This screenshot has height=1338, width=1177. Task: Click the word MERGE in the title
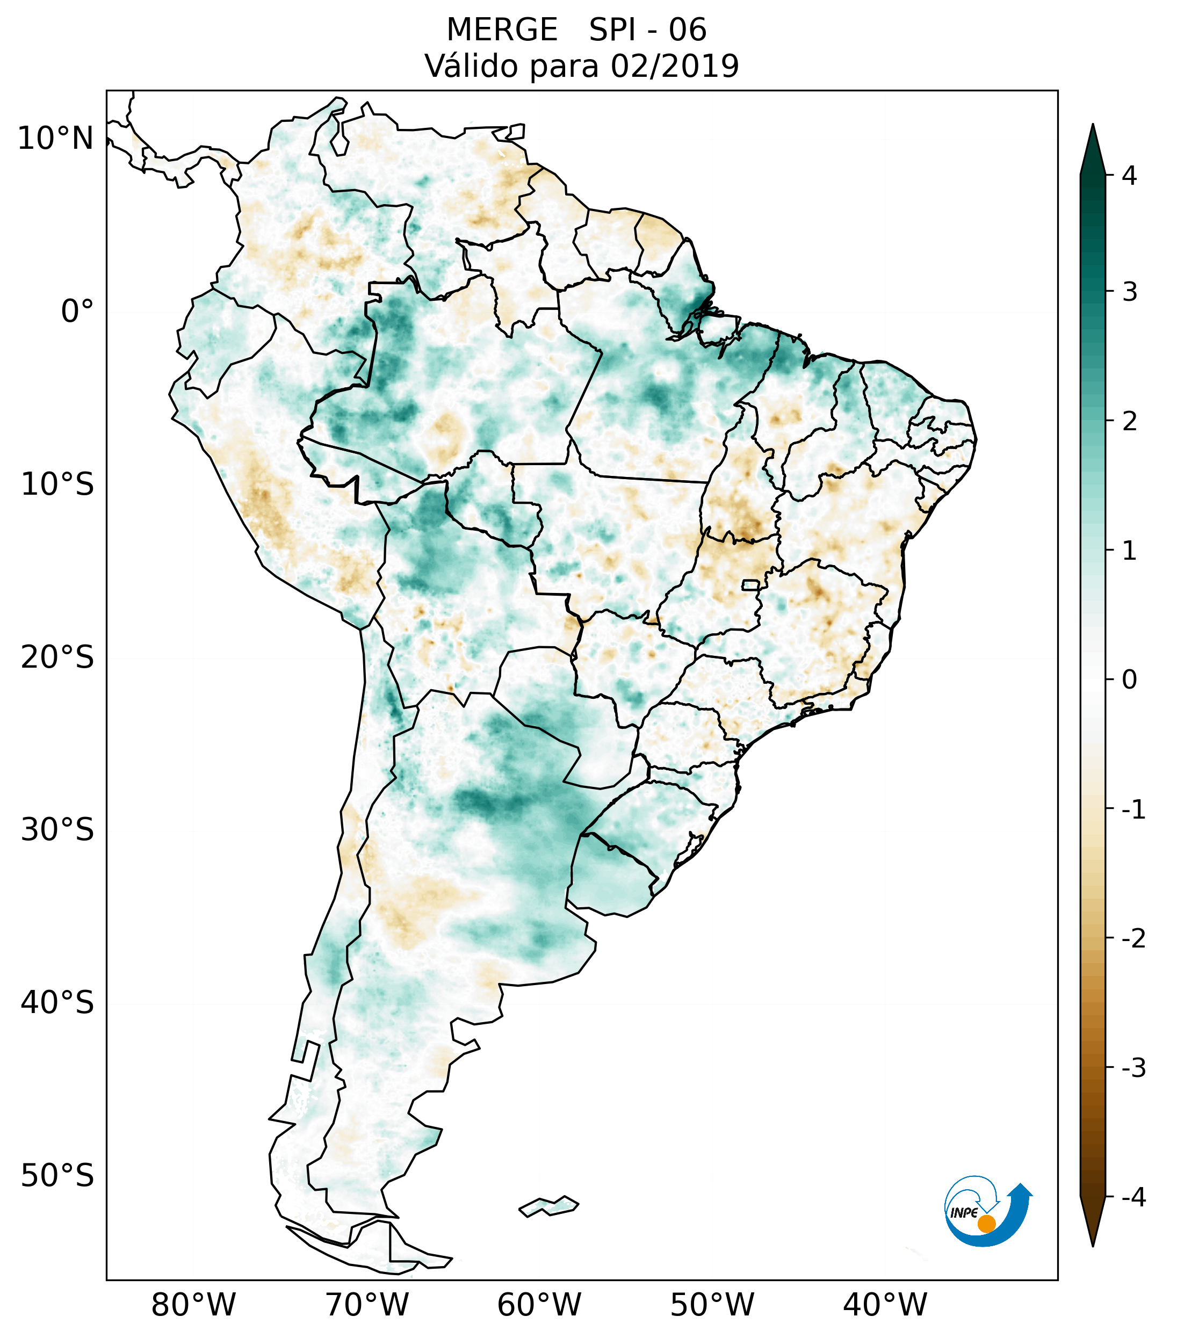[502, 30]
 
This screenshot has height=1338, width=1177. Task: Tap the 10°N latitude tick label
[56, 139]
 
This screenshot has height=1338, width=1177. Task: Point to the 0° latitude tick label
[77, 312]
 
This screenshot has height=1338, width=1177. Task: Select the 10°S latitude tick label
[57, 485]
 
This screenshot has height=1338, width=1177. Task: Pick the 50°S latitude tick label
[57, 1176]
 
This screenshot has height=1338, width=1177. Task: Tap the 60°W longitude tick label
[539, 1305]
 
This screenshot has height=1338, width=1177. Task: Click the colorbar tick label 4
[1129, 176]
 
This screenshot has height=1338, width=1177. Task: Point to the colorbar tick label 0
[1129, 679]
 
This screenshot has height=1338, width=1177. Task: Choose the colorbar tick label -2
[1133, 939]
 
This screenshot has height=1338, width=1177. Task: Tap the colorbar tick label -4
[1133, 1198]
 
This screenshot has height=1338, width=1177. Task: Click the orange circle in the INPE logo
[986, 1224]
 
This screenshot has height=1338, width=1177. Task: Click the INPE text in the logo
[964, 1213]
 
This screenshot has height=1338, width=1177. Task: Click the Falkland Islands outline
[548, 1206]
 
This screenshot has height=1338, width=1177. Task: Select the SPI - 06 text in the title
[647, 30]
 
